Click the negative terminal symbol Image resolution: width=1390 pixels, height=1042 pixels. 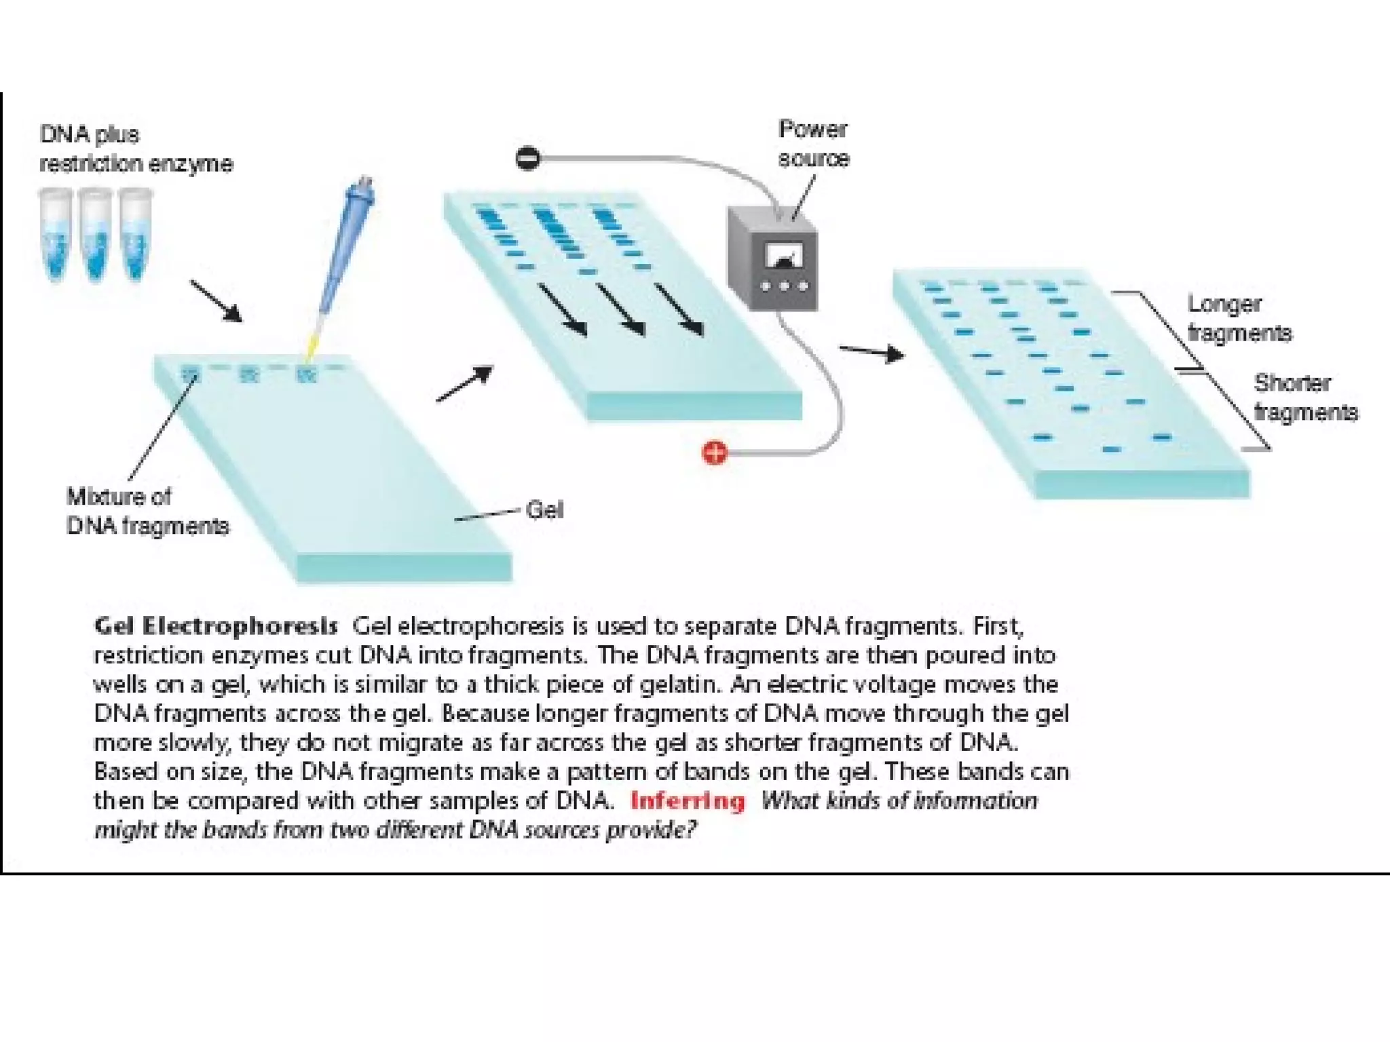pos(527,158)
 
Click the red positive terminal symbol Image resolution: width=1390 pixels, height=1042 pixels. pos(714,452)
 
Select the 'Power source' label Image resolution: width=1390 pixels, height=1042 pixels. pos(813,144)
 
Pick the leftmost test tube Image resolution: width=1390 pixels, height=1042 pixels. pos(56,234)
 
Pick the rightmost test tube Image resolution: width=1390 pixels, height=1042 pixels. pos(135,234)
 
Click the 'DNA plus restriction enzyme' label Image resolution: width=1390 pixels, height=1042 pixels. pos(135,149)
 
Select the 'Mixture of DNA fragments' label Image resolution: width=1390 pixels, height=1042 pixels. pos(147,512)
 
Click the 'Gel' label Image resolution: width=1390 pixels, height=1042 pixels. pos(544,509)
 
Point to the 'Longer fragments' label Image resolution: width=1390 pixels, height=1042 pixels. pos(1239,318)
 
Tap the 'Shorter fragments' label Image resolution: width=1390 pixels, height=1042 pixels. pos(1304,398)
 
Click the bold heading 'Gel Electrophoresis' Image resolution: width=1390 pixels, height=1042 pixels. pos(215,625)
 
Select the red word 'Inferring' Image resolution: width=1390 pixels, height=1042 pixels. pos(688,801)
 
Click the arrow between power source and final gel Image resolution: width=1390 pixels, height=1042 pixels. pos(871,352)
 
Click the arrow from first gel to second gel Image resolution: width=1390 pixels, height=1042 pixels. pos(465,384)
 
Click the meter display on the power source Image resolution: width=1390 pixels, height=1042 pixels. pos(784,256)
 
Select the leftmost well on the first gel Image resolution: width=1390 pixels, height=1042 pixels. pos(191,374)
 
